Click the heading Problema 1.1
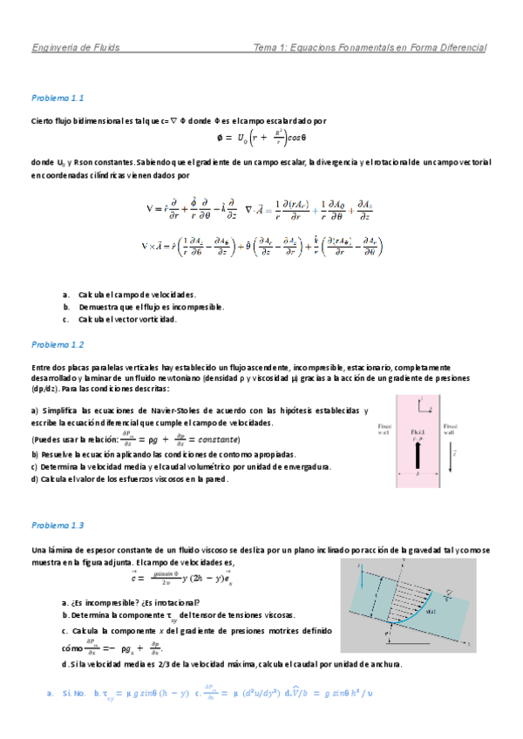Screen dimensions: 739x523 57,98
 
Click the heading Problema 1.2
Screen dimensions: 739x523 57,344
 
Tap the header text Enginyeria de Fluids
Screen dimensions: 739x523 76,47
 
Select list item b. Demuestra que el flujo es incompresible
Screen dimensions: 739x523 145,307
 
